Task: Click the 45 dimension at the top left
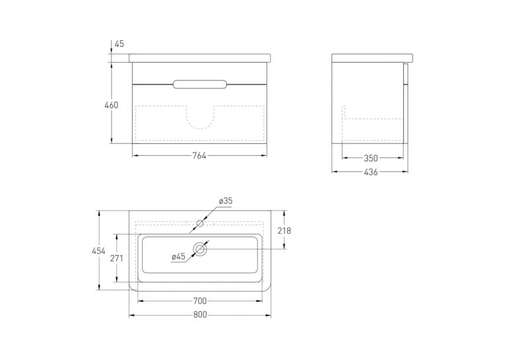119,44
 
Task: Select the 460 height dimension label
112,105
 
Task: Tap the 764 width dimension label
199,156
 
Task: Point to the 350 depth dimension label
371,159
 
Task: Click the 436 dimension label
371,172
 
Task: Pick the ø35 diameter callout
226,201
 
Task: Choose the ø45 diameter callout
178,256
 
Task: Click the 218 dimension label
284,231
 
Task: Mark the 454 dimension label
98,251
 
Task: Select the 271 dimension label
117,258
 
